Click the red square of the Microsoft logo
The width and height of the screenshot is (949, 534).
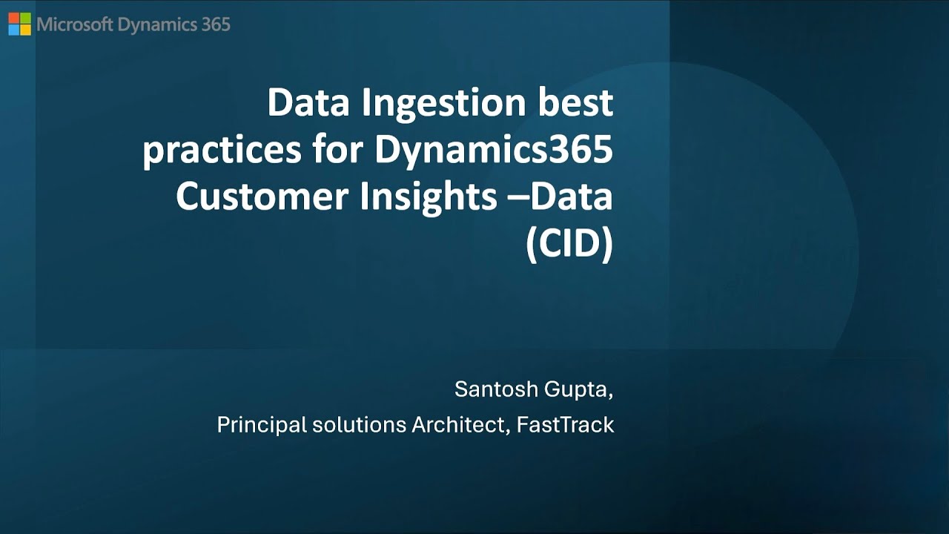tap(13, 18)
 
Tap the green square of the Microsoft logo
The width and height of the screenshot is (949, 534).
tap(25, 18)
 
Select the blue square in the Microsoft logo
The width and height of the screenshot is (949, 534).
tap(13, 30)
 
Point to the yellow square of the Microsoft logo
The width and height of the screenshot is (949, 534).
tap(25, 30)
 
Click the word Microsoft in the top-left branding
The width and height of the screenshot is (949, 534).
tap(75, 24)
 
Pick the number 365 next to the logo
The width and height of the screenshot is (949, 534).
tap(216, 24)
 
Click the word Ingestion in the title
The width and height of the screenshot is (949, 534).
tap(443, 104)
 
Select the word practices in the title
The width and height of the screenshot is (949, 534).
tap(222, 152)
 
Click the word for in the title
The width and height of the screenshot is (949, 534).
tap(338, 149)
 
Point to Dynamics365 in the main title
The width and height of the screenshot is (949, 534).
tap(494, 151)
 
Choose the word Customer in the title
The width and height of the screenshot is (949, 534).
tap(262, 197)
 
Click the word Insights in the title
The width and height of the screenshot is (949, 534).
tap(429, 197)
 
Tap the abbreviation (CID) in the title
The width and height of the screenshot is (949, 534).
tap(569, 244)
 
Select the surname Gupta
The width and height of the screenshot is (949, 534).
tap(578, 391)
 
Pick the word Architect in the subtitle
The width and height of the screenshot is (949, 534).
tap(461, 425)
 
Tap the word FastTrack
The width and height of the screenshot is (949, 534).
tap(565, 425)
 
